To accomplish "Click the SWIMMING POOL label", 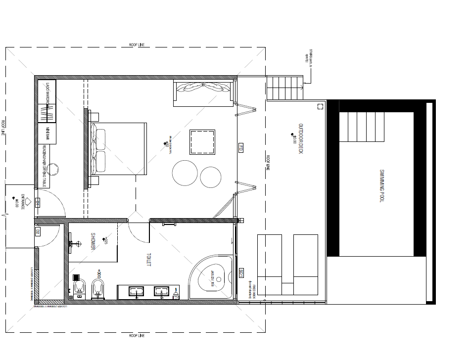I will click(382, 185).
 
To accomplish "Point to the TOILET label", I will click(148, 261).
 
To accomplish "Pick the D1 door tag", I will click(38, 202).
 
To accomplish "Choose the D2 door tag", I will click(38, 231).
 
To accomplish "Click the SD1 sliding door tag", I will click(241, 273).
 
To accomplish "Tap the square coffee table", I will click(202, 142).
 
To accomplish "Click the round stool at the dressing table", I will click(55, 169).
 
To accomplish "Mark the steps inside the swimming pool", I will click(362, 127).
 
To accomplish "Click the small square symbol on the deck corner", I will click(319, 105).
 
